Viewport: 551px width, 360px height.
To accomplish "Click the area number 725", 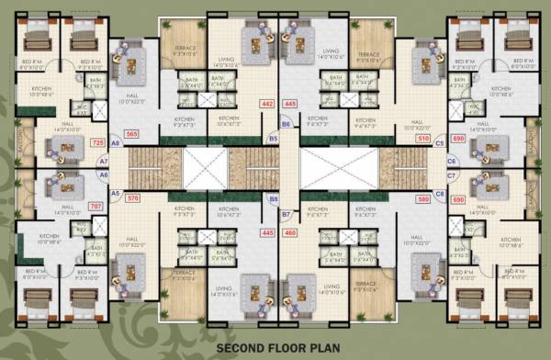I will coord(98,143).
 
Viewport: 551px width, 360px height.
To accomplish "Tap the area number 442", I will coord(268,105).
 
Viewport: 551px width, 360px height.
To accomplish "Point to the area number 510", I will coord(423,139).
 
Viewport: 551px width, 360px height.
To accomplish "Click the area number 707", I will coord(96,207).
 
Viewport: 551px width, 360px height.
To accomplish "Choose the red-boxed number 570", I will coord(132,198).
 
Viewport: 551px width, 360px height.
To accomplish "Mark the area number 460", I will coord(290,233).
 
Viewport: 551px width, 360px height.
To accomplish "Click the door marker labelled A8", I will coord(116,144).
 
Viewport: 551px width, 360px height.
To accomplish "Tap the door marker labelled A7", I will coord(104,160).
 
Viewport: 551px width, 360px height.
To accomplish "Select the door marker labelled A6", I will coord(104,174).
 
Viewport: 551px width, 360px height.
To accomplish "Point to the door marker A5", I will coord(116,194).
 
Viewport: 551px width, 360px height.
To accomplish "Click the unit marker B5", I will coord(273,139).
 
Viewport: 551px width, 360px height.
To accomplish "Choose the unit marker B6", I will coord(286,123).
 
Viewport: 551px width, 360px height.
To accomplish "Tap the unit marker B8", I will coord(273,198).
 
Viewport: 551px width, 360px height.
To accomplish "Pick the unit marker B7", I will coord(286,214).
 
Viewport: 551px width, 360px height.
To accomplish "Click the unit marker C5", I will coord(440,144).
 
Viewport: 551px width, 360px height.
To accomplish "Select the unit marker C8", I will coord(440,194).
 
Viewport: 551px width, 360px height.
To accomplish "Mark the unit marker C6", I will coord(451,161).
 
